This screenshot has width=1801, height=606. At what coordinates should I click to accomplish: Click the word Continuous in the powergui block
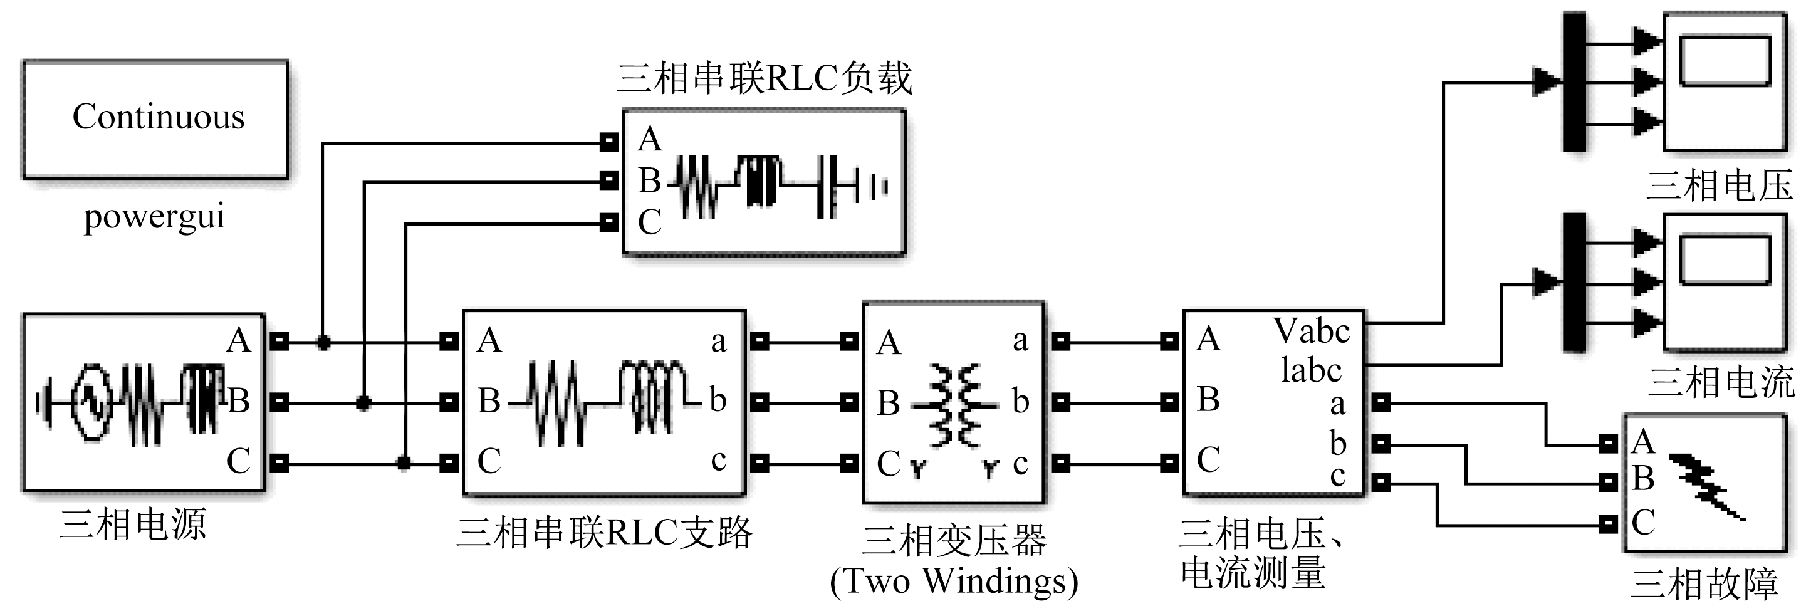click(158, 117)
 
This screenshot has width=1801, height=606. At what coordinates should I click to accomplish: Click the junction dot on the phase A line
click(323, 342)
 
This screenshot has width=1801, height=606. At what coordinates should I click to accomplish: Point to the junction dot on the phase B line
click(363, 402)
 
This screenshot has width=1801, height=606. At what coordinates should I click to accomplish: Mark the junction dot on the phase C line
click(404, 462)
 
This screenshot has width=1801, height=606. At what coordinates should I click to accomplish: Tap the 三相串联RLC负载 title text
click(764, 78)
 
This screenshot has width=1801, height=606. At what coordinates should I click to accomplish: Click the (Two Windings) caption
click(954, 581)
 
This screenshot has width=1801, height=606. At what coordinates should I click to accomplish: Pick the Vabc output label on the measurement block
click(1311, 332)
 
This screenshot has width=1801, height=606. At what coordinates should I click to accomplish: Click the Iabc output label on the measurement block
click(1311, 370)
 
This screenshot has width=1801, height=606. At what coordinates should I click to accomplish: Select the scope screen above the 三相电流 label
click(1724, 260)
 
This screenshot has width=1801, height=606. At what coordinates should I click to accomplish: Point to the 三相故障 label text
click(1704, 584)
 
